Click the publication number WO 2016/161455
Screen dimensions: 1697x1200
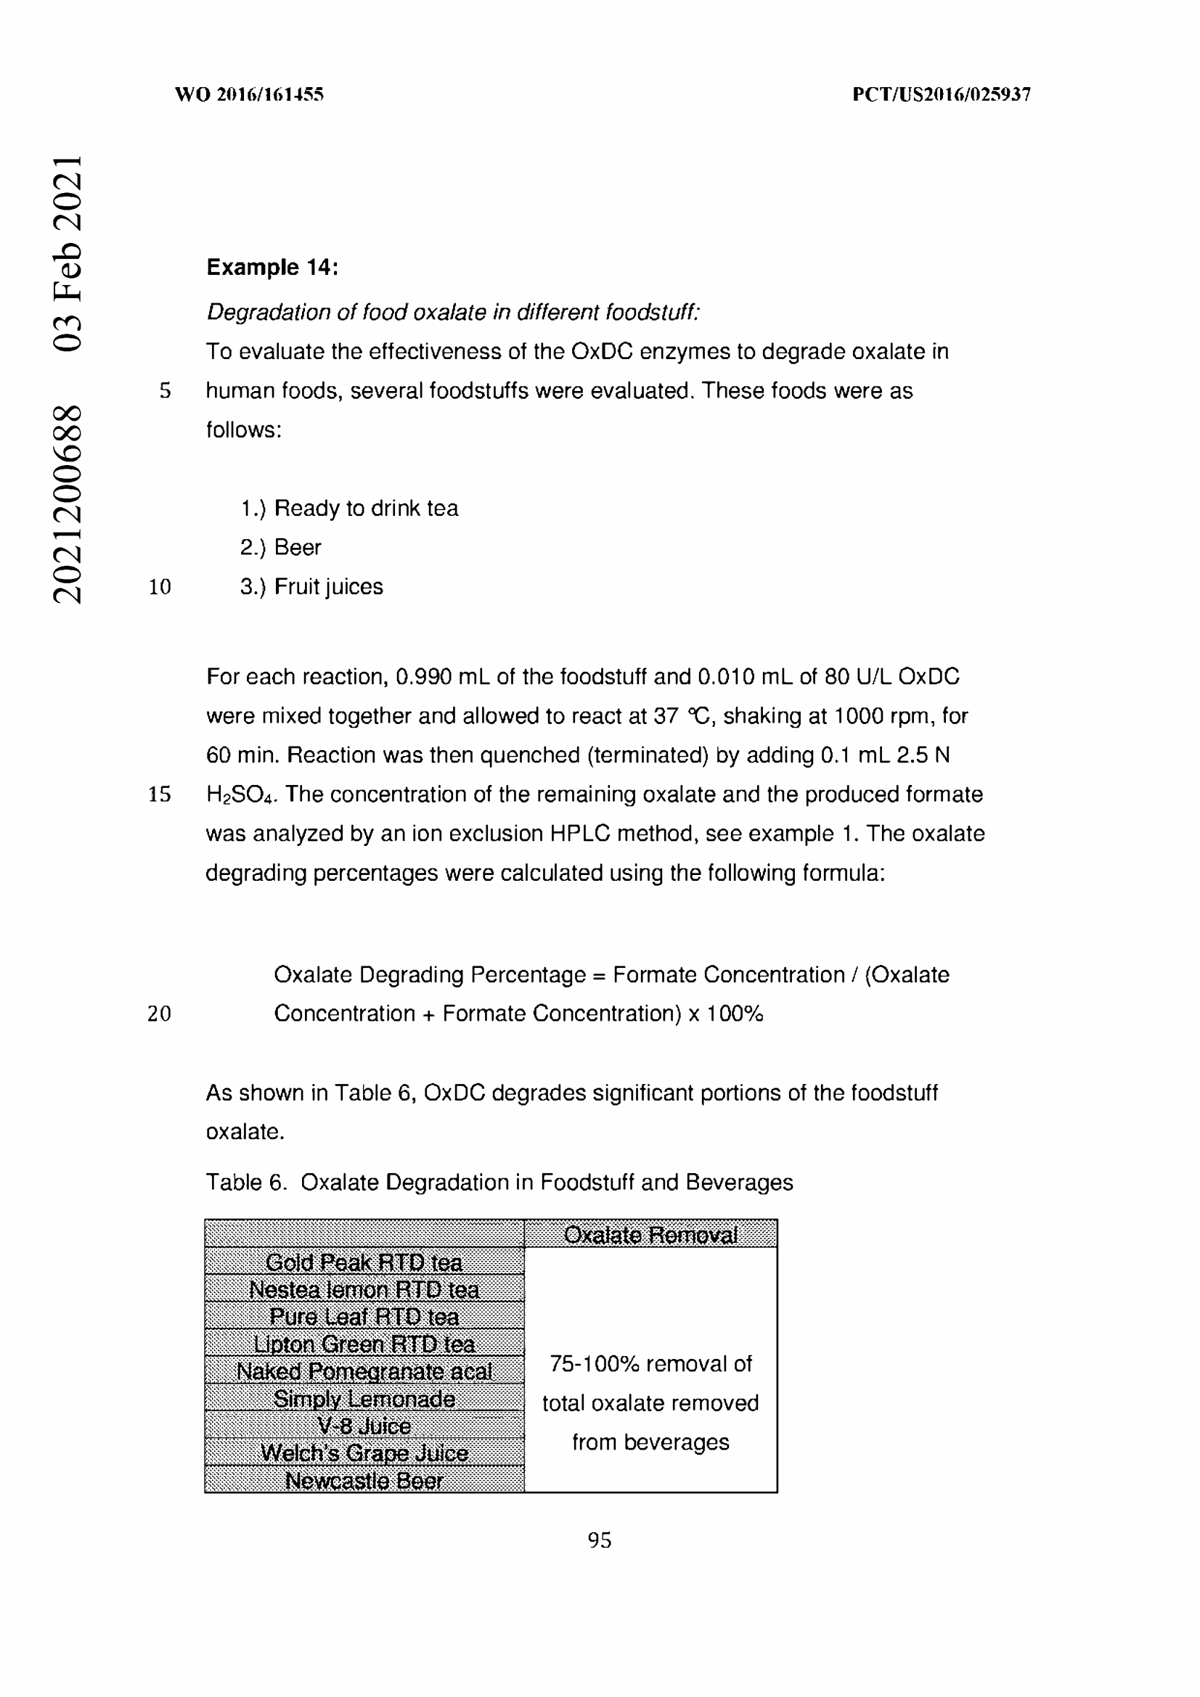tap(249, 94)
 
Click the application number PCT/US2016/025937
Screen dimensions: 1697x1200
tap(941, 94)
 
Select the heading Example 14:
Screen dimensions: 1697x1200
tap(272, 268)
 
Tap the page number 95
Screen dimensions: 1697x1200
tap(599, 1540)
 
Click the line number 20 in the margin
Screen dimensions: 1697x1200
tap(159, 1014)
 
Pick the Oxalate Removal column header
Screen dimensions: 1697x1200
tap(650, 1235)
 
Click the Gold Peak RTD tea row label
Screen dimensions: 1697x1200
tap(364, 1262)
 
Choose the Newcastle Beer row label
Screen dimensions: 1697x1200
tap(364, 1481)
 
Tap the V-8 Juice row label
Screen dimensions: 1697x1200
tap(364, 1426)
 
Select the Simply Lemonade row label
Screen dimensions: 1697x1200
tap(364, 1398)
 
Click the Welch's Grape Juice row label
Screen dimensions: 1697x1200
tap(364, 1453)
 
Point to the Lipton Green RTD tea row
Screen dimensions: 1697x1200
tap(364, 1344)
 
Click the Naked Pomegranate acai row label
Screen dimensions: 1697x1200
tap(364, 1371)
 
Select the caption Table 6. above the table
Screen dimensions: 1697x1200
tap(245, 1183)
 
